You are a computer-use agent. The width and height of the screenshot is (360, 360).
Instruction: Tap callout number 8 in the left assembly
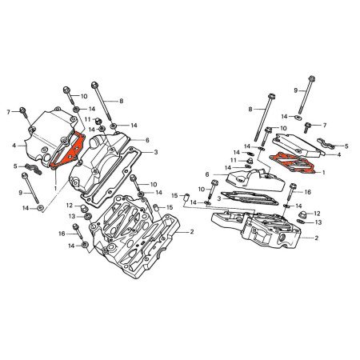pos(122,101)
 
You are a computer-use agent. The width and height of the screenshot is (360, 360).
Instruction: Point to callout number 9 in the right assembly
pos(295,90)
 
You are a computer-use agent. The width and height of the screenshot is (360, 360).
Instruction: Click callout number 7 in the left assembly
pos(8,110)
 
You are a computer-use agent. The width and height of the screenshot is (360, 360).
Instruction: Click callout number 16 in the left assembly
pos(61,233)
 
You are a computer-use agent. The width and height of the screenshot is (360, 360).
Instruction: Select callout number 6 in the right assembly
pos(207,174)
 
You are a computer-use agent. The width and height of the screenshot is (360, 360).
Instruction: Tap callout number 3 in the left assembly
pos(155,151)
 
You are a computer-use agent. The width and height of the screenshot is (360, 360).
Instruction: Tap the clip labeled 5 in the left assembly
pos(32,167)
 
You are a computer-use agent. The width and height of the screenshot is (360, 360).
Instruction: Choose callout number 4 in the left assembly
pos(14,146)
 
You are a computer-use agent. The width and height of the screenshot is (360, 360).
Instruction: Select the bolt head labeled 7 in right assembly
pos(310,126)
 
